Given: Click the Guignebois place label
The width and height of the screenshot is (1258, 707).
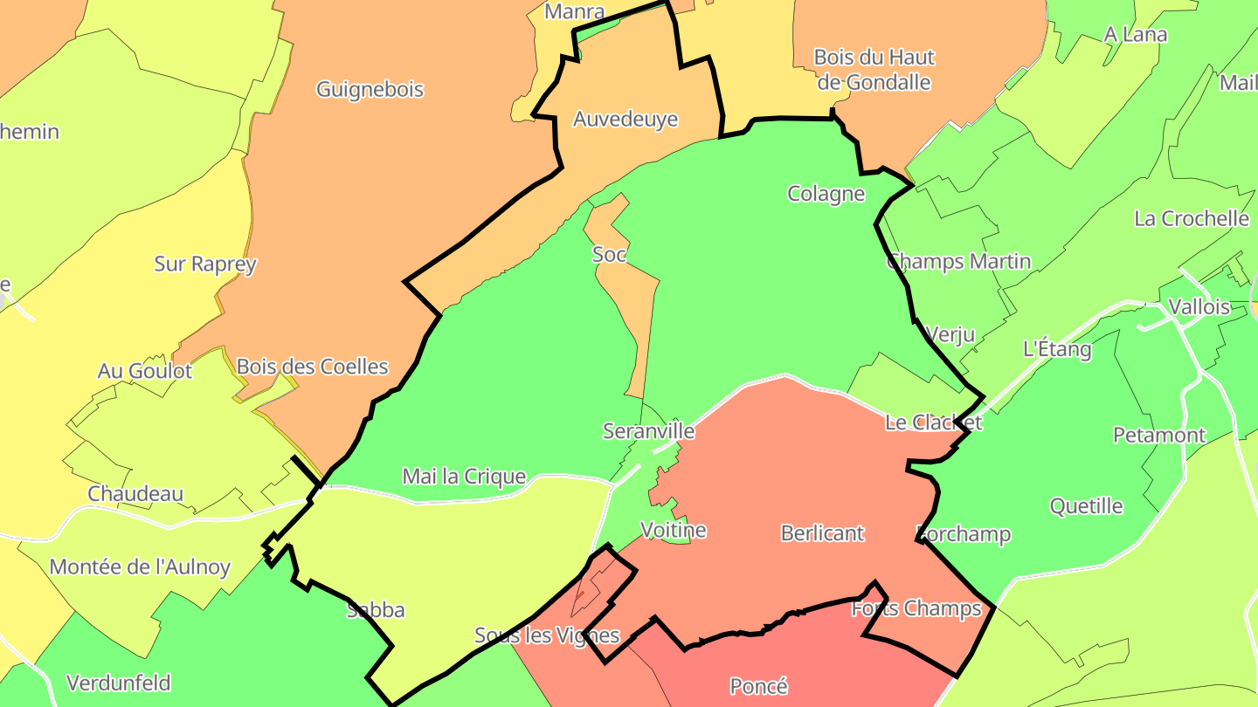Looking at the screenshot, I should point(370,89).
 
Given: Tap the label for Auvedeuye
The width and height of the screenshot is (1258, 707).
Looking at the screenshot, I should point(626,119).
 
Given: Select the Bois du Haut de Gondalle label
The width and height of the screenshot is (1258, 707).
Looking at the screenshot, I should point(874,70).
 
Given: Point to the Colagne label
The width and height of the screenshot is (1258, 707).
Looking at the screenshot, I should point(826,193).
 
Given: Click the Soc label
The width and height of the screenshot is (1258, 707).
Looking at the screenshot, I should point(609,255).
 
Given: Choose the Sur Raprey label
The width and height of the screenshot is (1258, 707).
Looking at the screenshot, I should point(205,264).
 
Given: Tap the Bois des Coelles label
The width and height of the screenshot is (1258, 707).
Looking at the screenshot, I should point(312,366).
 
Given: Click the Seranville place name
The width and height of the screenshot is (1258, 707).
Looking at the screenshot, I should point(648,430).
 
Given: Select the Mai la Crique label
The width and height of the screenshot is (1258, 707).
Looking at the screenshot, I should point(464,477).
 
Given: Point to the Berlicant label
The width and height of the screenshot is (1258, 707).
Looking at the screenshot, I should point(822,533).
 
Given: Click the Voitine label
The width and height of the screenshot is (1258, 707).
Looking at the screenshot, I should point(673,530).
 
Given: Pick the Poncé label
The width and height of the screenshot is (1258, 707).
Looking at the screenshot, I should point(758,686).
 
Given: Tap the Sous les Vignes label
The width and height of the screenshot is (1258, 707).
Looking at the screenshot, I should point(547,635).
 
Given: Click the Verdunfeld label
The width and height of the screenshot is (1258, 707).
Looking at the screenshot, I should point(118,683).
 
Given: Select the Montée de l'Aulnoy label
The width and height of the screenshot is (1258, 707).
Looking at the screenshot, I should point(140,567).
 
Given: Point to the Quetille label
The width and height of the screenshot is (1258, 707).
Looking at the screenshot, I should point(1086,505).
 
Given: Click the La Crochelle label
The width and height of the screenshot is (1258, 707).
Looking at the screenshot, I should point(1191,218).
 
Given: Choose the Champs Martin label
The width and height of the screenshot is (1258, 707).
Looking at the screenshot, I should point(958,261).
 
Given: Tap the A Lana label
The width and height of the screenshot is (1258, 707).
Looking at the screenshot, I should point(1135,35).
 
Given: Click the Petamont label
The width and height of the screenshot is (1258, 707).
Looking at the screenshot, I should point(1158,435).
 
